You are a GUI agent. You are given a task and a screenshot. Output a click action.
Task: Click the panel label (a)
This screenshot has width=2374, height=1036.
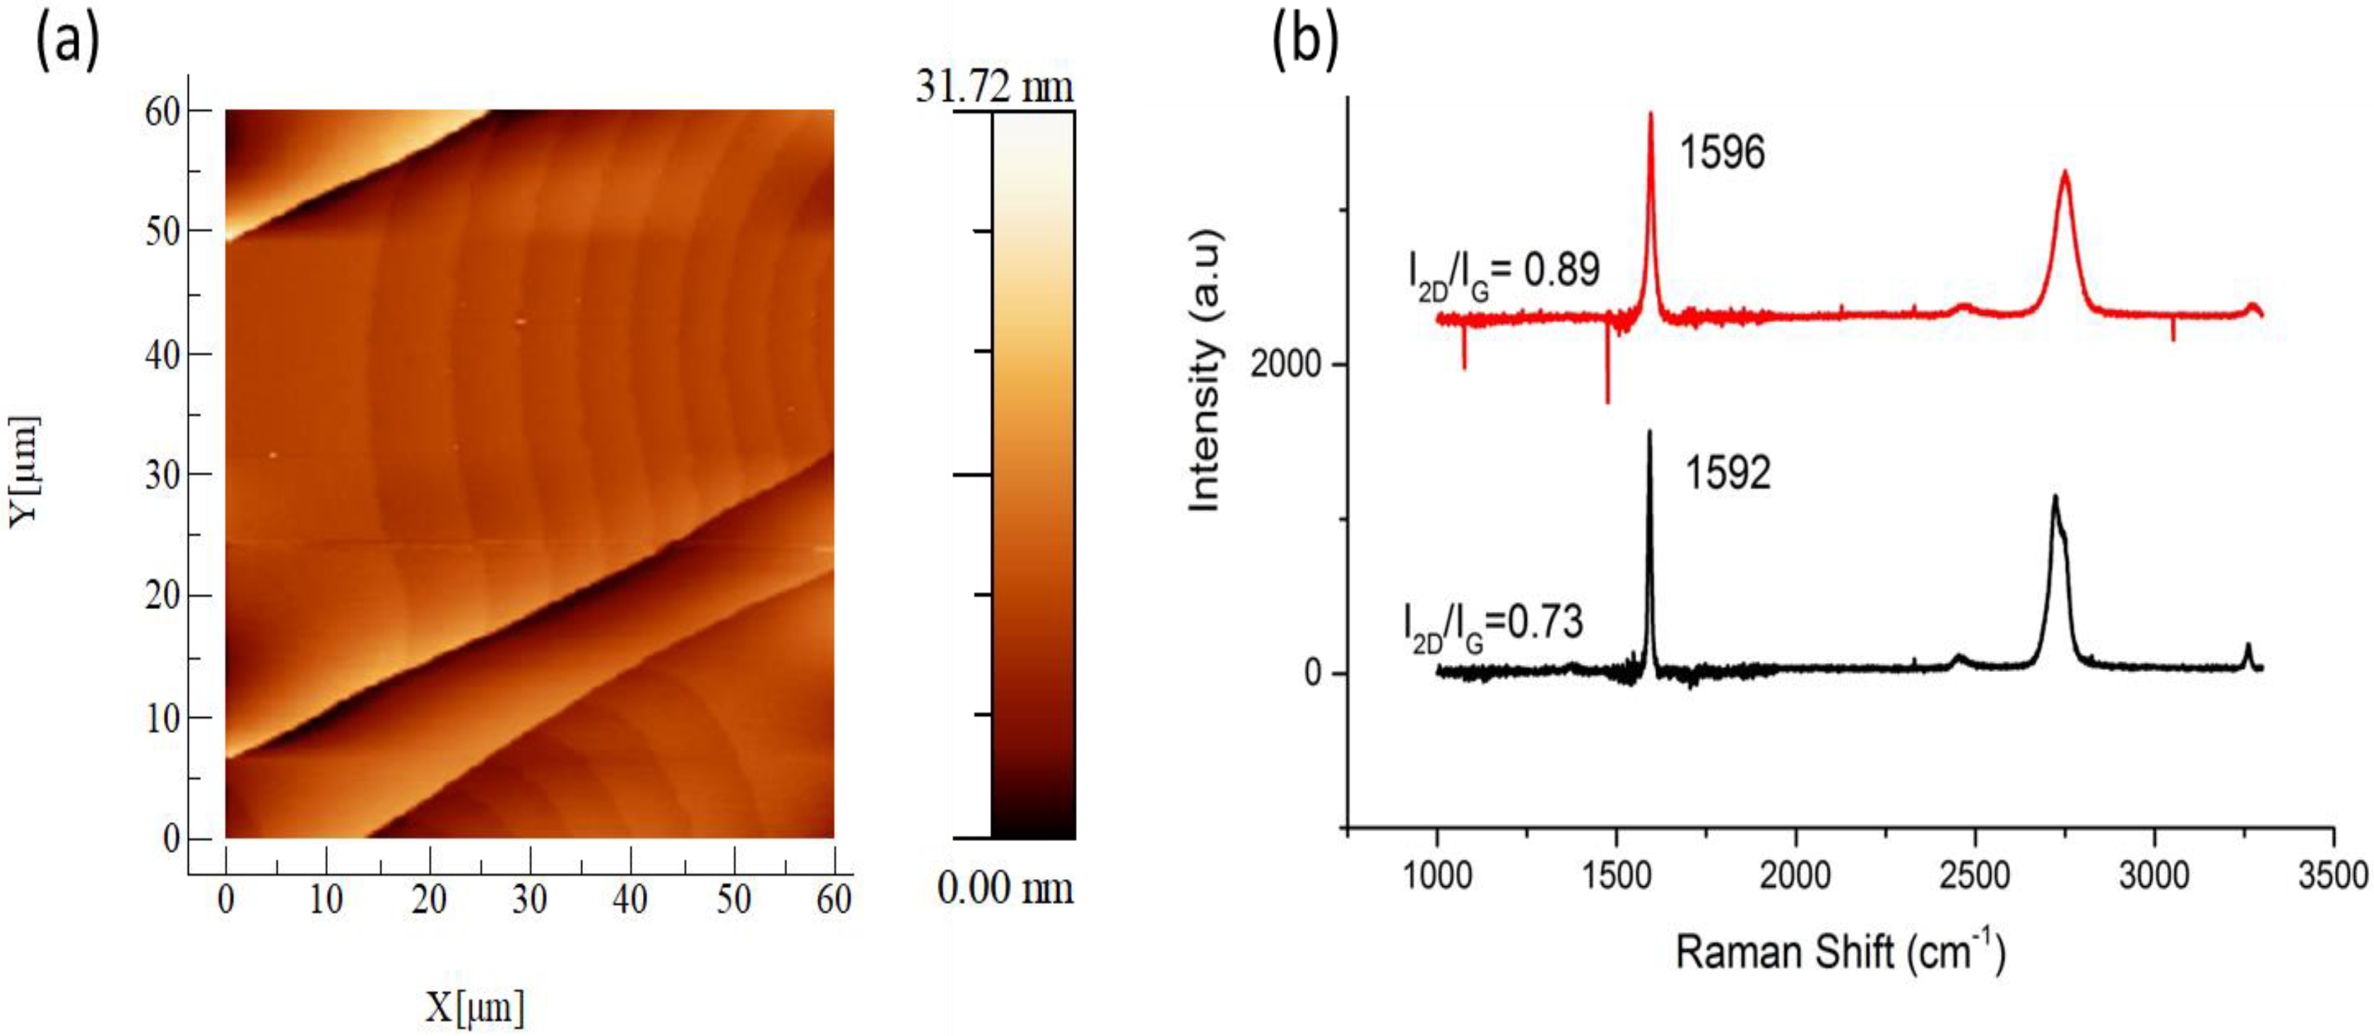click(66, 42)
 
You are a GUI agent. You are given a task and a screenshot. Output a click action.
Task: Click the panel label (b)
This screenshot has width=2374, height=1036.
click(1304, 42)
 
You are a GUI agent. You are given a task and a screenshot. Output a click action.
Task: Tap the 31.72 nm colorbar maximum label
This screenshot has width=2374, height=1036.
click(994, 88)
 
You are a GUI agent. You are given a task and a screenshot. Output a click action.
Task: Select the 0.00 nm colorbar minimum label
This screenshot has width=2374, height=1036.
click(1005, 888)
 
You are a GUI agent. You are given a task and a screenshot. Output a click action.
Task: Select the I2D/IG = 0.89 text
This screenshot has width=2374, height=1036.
click(1504, 273)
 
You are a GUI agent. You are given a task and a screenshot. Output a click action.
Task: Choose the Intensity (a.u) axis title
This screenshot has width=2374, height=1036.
click(1205, 370)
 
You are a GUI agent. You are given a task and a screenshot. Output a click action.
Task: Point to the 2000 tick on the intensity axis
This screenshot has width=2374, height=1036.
click(1286, 365)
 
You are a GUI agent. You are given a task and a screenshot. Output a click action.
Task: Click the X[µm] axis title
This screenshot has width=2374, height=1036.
click(475, 1008)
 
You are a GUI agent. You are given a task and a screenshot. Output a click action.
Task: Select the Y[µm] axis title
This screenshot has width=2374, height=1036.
click(25, 471)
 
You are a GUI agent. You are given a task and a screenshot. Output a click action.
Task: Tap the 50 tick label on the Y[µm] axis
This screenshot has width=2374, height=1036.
click(163, 231)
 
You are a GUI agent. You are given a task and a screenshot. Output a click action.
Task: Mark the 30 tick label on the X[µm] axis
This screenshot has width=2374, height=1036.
click(529, 899)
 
